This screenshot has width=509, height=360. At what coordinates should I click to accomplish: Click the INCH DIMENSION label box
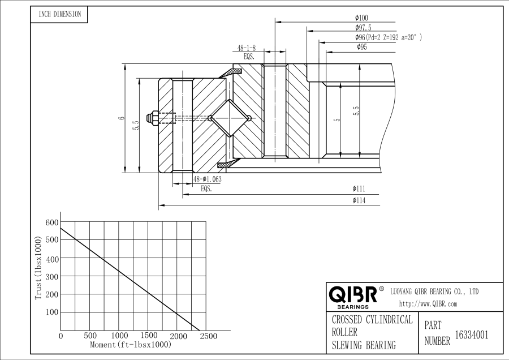point(59,15)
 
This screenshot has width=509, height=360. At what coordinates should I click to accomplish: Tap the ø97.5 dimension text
point(363,28)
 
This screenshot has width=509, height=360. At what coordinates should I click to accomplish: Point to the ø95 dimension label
point(362,48)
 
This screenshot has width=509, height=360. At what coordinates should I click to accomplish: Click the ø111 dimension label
point(358,188)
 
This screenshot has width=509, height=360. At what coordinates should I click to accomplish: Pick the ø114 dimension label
point(358,200)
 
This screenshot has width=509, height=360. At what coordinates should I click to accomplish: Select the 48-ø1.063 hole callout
point(207,179)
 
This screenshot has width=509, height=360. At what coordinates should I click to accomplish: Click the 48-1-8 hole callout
point(247,49)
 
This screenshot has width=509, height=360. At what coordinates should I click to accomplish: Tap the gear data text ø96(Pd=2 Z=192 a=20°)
point(389,37)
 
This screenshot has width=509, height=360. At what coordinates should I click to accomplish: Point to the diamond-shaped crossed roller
point(229,118)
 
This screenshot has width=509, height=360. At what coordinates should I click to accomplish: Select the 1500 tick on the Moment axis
point(148,336)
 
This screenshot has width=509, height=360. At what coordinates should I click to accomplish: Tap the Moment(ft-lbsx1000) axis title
point(131,345)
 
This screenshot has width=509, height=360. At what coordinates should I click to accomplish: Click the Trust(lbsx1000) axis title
point(38,268)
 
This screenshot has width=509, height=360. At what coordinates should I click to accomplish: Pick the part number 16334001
point(472,335)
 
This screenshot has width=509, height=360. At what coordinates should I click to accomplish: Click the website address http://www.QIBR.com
point(428,304)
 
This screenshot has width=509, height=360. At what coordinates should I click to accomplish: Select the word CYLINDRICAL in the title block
point(389,320)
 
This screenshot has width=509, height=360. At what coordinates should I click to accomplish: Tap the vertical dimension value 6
point(120,118)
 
